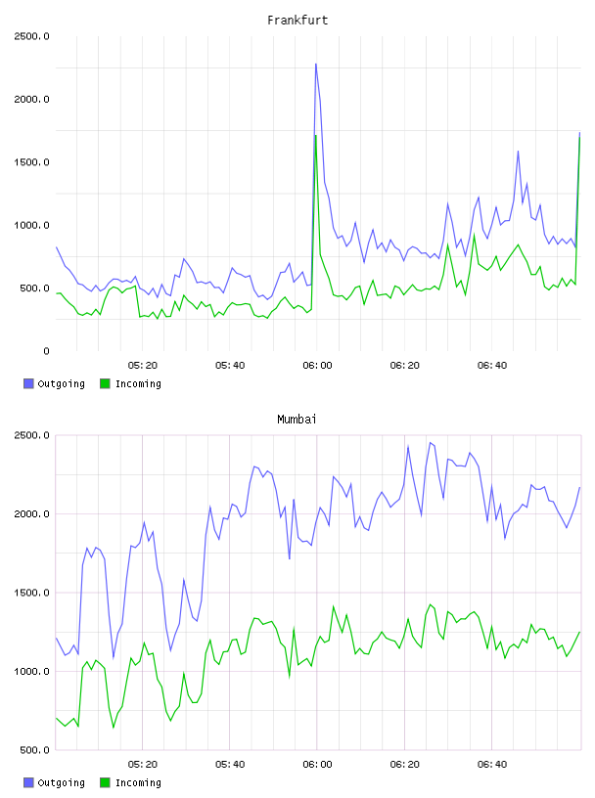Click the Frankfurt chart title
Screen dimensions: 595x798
(297, 21)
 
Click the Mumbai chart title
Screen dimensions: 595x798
(297, 420)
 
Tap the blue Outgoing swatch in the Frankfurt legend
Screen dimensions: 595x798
(28, 383)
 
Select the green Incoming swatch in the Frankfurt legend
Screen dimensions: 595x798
(105, 383)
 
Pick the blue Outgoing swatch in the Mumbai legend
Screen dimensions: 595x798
(28, 782)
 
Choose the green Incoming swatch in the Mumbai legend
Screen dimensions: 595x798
(105, 782)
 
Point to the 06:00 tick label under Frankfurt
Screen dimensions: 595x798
(317, 366)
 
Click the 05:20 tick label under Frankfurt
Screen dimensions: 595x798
(143, 366)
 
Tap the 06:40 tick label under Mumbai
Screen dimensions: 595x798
(492, 765)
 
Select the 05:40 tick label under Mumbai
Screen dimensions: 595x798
(230, 765)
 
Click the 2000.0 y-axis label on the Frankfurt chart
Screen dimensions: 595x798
(31, 99)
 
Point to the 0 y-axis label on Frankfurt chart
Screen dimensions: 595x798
(46, 351)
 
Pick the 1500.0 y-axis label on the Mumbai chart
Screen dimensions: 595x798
(31, 593)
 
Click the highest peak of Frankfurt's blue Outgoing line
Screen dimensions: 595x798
(316, 65)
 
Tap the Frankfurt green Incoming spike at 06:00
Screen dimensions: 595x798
(316, 135)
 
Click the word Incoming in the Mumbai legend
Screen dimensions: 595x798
(138, 782)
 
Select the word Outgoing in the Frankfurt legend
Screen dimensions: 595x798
(61, 383)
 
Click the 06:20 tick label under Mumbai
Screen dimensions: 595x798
(404, 765)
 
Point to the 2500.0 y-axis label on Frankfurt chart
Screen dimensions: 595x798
(31, 36)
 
